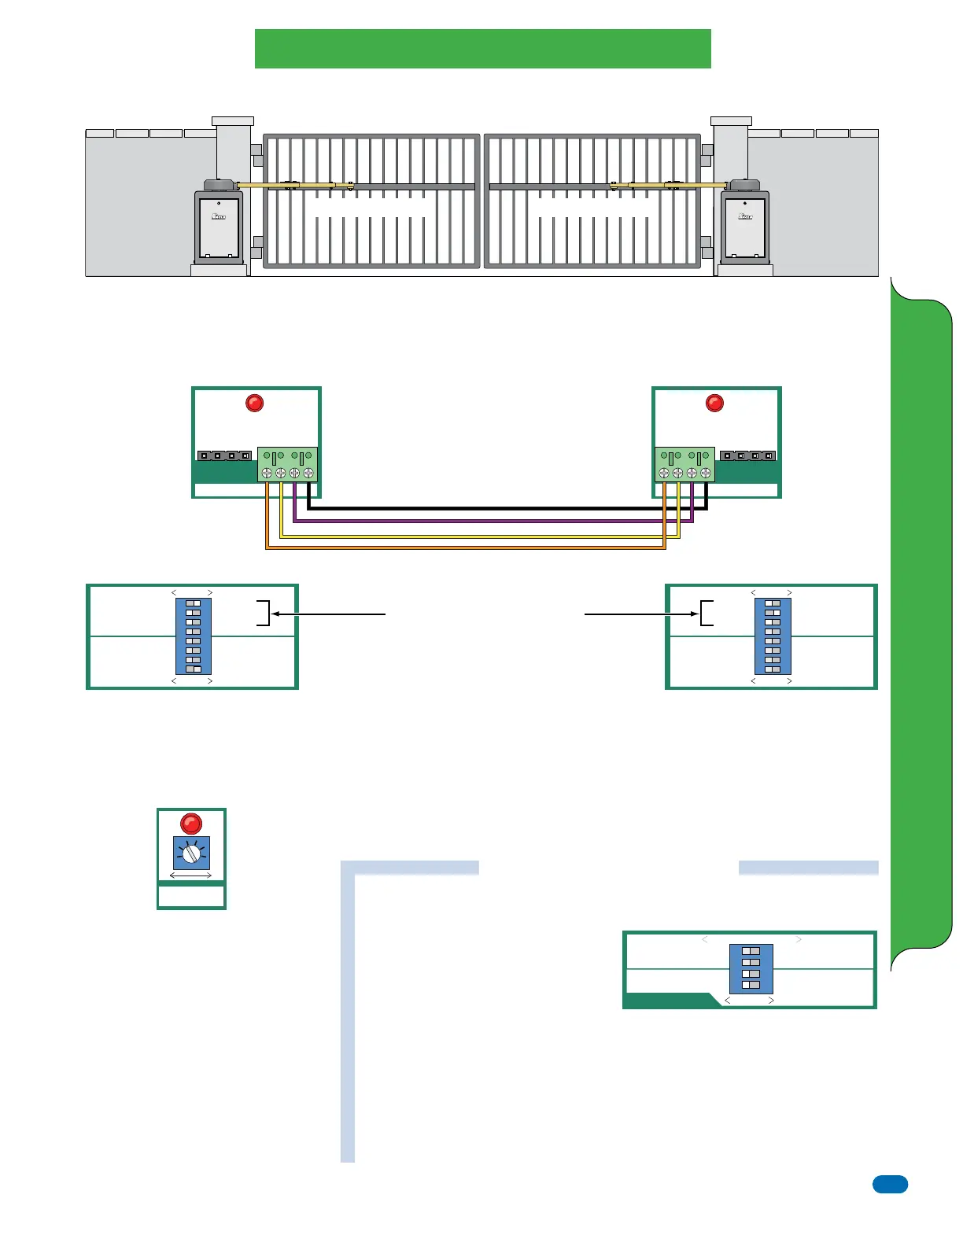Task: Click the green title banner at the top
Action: pos(482,49)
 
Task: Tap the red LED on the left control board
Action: pos(254,404)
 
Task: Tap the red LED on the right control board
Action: pos(714,404)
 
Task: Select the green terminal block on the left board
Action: pos(287,465)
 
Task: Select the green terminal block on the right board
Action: pos(684,465)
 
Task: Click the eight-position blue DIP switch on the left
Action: pos(193,636)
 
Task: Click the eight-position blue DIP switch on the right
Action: pos(772,636)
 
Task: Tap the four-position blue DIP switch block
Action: pos(751,968)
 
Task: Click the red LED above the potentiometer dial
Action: pos(191,824)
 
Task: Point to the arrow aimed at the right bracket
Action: pos(642,614)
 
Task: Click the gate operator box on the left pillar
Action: pos(219,227)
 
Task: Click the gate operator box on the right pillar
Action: pos(745,227)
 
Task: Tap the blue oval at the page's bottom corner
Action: pos(890,1185)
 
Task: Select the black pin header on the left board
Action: pos(224,455)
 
